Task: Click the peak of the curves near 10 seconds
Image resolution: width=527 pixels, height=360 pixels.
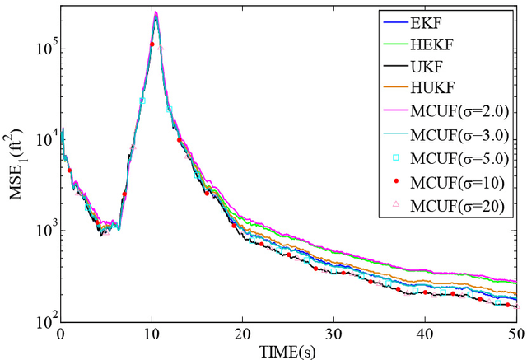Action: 156,14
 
